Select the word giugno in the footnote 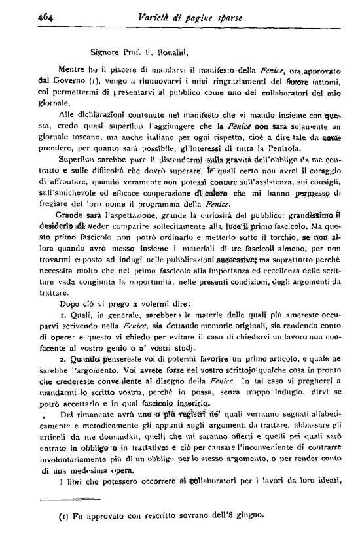click(x=249, y=515)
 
